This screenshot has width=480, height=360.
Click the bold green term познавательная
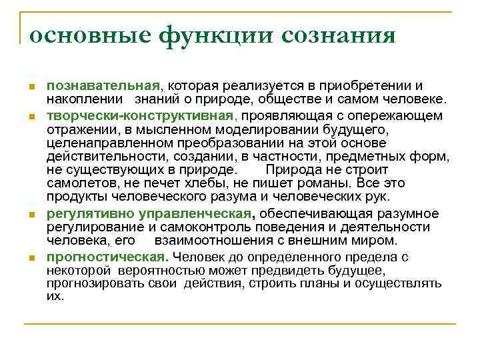point(103,86)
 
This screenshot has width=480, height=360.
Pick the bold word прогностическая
point(105,257)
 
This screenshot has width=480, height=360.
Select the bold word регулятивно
point(91,213)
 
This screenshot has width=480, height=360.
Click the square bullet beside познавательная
point(31,88)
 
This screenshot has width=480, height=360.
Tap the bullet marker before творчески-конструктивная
point(31,117)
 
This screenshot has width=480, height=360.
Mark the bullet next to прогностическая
point(31,258)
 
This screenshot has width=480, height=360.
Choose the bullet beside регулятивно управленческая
point(31,215)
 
